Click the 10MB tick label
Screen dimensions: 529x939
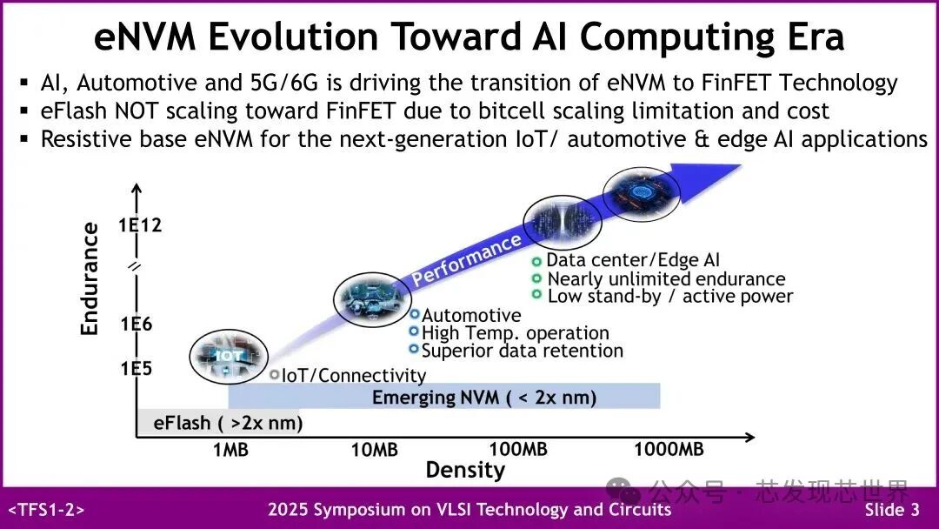374,450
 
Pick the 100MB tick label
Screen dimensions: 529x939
518,450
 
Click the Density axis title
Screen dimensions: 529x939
465,471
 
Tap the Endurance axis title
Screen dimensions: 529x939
90,278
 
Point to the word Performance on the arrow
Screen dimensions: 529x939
467,258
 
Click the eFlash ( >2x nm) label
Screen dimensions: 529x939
228,424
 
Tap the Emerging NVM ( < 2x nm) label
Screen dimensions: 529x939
484,398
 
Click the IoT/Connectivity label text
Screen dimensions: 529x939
354,376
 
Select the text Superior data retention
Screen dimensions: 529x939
522,351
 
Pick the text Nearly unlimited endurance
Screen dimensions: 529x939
666,278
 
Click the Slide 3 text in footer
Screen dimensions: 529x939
891,510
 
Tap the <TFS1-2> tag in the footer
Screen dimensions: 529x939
47,510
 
